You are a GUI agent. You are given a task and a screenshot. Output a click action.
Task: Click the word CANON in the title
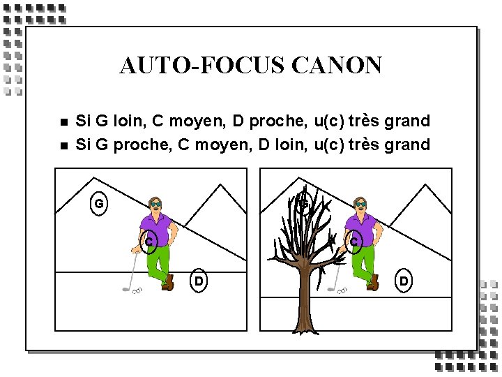[337, 65]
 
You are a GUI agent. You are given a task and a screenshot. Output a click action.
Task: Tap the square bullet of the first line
[64, 121]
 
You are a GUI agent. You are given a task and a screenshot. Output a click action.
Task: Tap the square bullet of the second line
[64, 146]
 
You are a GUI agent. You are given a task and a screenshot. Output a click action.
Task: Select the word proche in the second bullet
[141, 145]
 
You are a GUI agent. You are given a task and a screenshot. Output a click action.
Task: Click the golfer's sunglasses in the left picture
[155, 204]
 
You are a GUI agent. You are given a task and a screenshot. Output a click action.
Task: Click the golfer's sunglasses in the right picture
[360, 204]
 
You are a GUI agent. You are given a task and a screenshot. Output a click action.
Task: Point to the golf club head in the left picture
[125, 290]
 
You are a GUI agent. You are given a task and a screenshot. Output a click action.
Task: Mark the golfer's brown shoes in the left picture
[168, 283]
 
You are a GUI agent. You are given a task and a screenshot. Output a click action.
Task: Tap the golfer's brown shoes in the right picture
[373, 283]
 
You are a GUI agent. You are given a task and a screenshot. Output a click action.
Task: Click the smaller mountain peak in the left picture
[220, 185]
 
